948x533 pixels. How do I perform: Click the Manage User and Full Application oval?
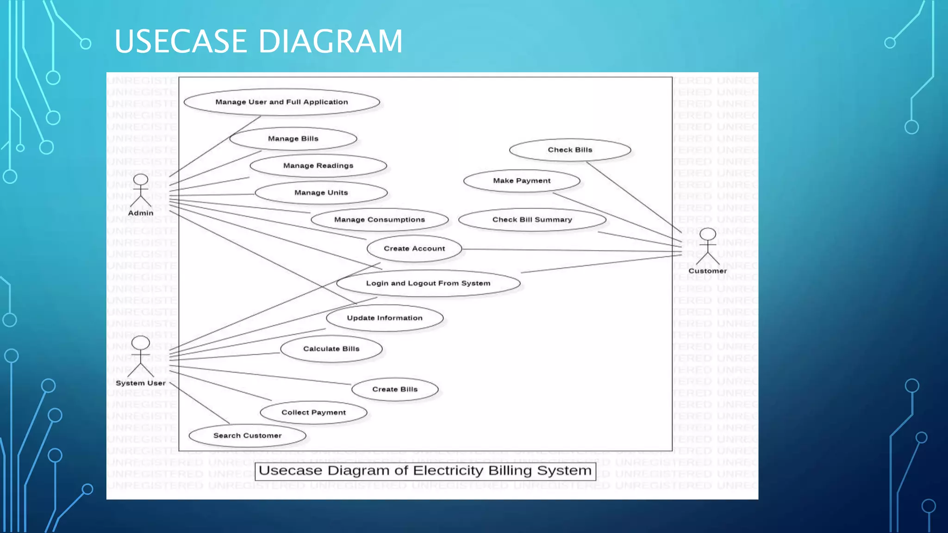pos(281,102)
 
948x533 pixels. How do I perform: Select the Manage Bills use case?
pos(293,139)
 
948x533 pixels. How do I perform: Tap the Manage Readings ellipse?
pos(318,166)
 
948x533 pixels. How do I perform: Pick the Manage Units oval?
pos(321,193)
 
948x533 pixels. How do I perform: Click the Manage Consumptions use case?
pos(379,220)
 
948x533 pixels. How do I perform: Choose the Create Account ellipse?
pos(414,249)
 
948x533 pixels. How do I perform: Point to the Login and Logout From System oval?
pos(428,283)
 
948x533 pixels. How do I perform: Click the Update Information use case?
pos(385,318)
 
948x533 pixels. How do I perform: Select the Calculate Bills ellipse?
pos(331,349)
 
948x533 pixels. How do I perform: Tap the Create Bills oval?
pos(395,390)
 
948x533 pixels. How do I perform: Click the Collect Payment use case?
pos(313,413)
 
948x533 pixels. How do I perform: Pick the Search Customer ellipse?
pos(247,436)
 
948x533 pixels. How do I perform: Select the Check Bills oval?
pos(570,150)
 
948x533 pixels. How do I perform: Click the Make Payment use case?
pos(522,181)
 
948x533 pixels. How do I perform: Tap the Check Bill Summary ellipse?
pos(532,220)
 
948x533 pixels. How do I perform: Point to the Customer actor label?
pos(707,271)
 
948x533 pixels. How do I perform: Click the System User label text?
pos(140,383)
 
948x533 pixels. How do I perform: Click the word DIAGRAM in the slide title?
pos(330,42)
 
